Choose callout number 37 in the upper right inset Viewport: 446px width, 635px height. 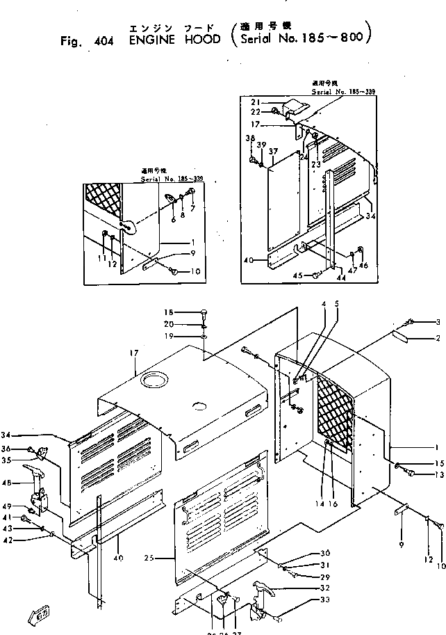coord(272,152)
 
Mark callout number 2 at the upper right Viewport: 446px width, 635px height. coord(438,339)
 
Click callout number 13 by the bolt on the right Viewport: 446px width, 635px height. coord(438,475)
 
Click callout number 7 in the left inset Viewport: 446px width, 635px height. coord(192,209)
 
